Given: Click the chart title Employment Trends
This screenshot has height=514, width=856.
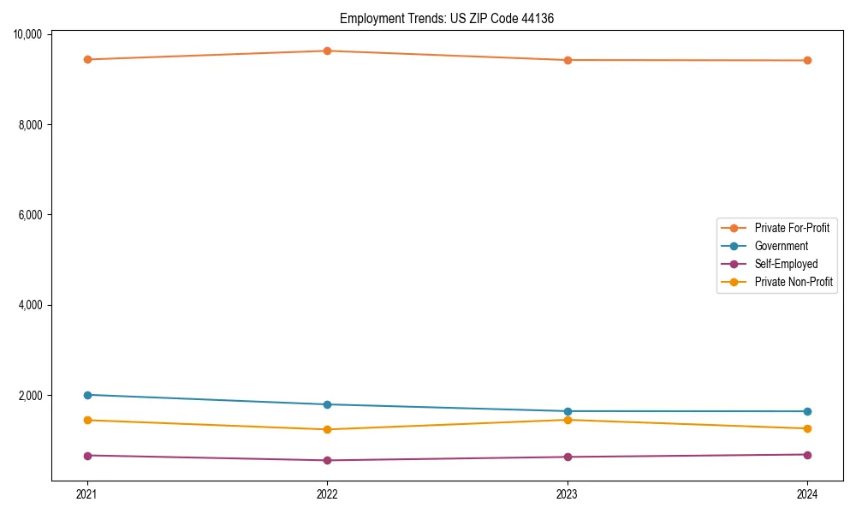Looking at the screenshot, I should pos(447,18).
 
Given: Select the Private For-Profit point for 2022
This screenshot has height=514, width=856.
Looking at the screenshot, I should pos(327,51).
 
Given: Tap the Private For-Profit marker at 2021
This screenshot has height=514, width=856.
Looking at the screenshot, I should pos(86,59).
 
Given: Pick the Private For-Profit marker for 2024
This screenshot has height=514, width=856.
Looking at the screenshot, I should pos(807,60).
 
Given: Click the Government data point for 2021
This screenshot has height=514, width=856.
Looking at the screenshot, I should pos(86,395).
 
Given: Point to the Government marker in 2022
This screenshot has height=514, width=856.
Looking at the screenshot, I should pos(327,404).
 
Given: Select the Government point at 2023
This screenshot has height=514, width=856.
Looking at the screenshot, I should pos(568,411).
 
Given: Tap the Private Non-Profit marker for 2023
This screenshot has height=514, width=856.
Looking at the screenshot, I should pos(568,420).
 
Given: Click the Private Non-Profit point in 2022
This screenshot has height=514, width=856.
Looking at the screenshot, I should pos(327,429).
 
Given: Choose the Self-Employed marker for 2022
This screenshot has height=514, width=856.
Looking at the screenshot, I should pos(327,460).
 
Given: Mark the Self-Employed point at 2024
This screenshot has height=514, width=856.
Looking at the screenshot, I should pos(807,454).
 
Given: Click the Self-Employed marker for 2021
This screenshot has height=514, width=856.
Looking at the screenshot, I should pos(86,455).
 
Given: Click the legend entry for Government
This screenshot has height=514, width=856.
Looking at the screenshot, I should pos(781,246).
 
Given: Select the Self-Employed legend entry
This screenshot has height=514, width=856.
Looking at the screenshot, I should pos(786,264).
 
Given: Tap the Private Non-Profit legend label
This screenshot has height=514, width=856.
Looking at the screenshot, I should pos(794,282).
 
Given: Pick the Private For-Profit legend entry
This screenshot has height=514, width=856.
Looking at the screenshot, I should pos(792,228).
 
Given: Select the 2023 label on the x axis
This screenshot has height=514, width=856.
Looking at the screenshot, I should pos(568,494).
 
